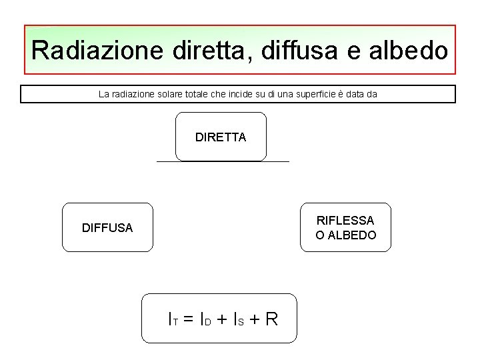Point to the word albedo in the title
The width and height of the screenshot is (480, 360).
point(407,51)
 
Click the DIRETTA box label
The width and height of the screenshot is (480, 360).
point(221,137)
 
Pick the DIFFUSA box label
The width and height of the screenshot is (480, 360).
point(107,228)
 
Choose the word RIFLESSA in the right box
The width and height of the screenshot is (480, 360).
point(345,220)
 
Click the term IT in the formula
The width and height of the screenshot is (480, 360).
point(173,319)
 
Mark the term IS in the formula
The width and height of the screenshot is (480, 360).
point(237,319)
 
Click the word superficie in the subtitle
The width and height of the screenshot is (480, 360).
point(315,95)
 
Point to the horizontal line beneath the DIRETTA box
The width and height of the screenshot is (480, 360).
point(223,162)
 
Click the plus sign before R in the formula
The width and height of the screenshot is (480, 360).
point(253,319)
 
